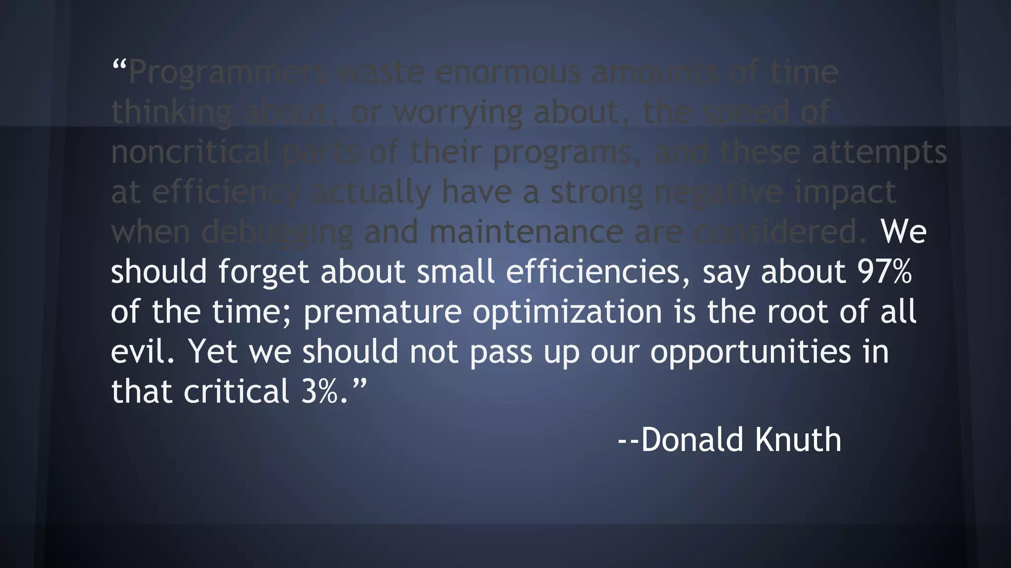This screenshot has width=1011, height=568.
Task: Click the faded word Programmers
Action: click(x=228, y=73)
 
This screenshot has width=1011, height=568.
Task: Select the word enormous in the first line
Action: click(x=508, y=72)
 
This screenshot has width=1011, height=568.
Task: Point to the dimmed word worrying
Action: click(x=458, y=113)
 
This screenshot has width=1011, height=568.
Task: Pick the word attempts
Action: click(x=879, y=153)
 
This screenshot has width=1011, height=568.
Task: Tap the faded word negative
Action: click(x=718, y=192)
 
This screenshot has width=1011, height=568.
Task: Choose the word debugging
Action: click(x=277, y=233)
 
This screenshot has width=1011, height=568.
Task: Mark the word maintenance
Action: click(x=526, y=232)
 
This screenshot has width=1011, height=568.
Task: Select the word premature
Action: click(x=383, y=313)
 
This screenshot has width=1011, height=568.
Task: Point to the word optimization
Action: click(x=567, y=313)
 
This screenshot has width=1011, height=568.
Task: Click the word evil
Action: click(x=140, y=352)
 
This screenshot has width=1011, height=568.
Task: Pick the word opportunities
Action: click(x=750, y=353)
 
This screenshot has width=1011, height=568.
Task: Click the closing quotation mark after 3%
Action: click(x=360, y=383)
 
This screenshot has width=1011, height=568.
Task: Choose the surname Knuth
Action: click(x=798, y=439)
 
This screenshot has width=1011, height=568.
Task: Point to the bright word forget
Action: click(x=263, y=273)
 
